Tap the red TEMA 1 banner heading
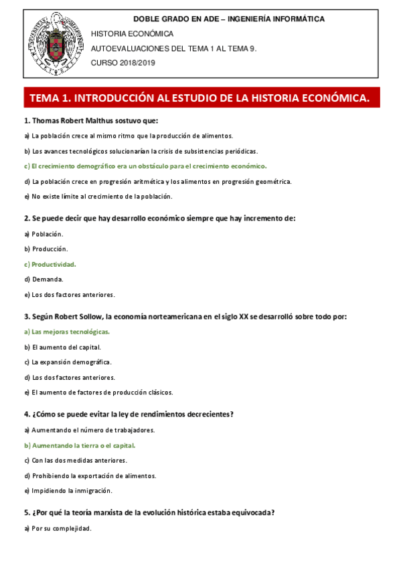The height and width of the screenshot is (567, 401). click(x=199, y=98)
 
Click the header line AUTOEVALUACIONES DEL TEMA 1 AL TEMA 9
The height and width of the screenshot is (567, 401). click(x=173, y=48)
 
